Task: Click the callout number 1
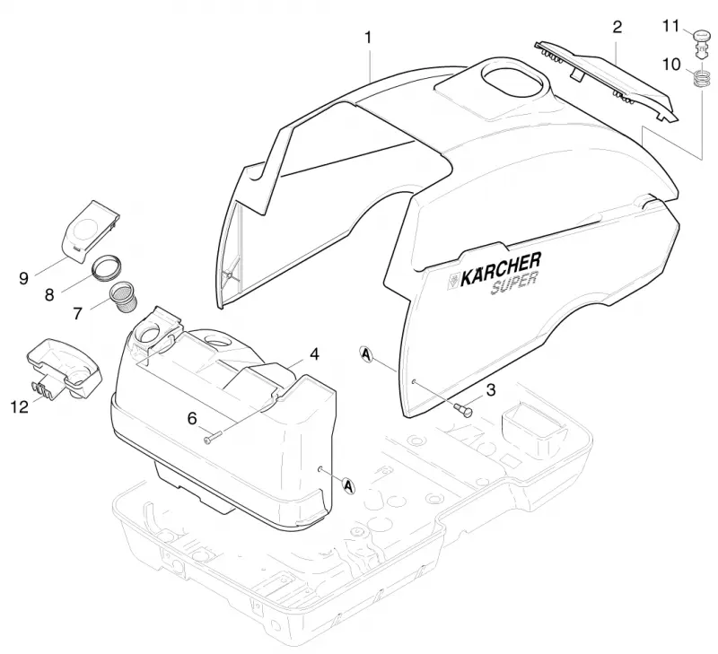point(368,38)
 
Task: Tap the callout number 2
point(617,28)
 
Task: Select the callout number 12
point(19,406)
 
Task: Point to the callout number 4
point(314,353)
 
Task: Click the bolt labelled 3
point(463,409)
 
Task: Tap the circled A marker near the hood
point(366,354)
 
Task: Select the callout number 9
point(24,278)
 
